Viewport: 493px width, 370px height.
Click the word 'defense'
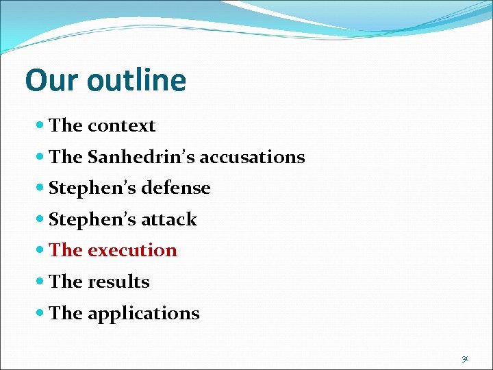click(177, 188)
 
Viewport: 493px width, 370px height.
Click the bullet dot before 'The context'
click(41, 126)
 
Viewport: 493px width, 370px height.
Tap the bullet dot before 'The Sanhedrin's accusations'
click(41, 157)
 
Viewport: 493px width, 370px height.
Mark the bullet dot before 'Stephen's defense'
click(41, 188)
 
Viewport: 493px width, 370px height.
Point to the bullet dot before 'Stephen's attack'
click(41, 220)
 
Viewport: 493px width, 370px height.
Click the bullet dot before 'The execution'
click(41, 251)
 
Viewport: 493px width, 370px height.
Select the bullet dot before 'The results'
click(41, 282)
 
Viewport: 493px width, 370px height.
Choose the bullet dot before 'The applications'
click(41, 314)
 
